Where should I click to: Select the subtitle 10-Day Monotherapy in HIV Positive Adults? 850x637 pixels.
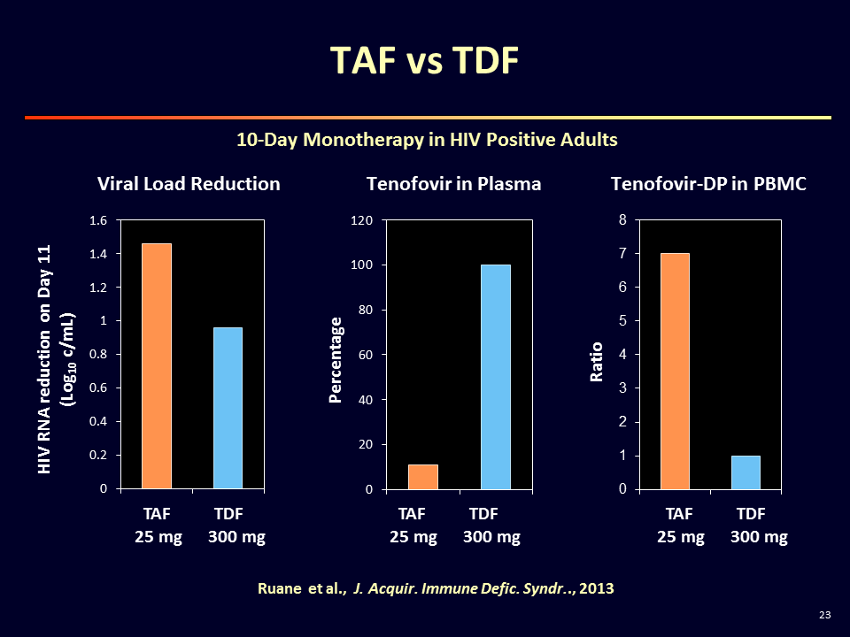tap(427, 140)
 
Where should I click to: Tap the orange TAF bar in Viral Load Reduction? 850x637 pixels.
tap(157, 365)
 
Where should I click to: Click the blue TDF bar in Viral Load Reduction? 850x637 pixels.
tap(228, 408)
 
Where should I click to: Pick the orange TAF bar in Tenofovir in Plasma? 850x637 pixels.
tap(423, 477)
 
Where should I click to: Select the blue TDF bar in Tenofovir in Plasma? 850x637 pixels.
tap(496, 377)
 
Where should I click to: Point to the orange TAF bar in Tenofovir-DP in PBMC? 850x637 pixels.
tap(675, 372)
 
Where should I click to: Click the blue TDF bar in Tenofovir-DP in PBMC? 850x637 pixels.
tap(746, 472)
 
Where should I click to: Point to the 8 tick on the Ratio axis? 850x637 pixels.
tap(622, 220)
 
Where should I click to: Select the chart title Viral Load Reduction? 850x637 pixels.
tap(189, 184)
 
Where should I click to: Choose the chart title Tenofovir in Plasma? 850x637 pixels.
tap(453, 184)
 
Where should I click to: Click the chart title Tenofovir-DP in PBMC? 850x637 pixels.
tap(708, 184)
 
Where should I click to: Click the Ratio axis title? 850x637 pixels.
tap(596, 361)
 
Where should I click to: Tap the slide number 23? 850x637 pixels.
tap(825, 615)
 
